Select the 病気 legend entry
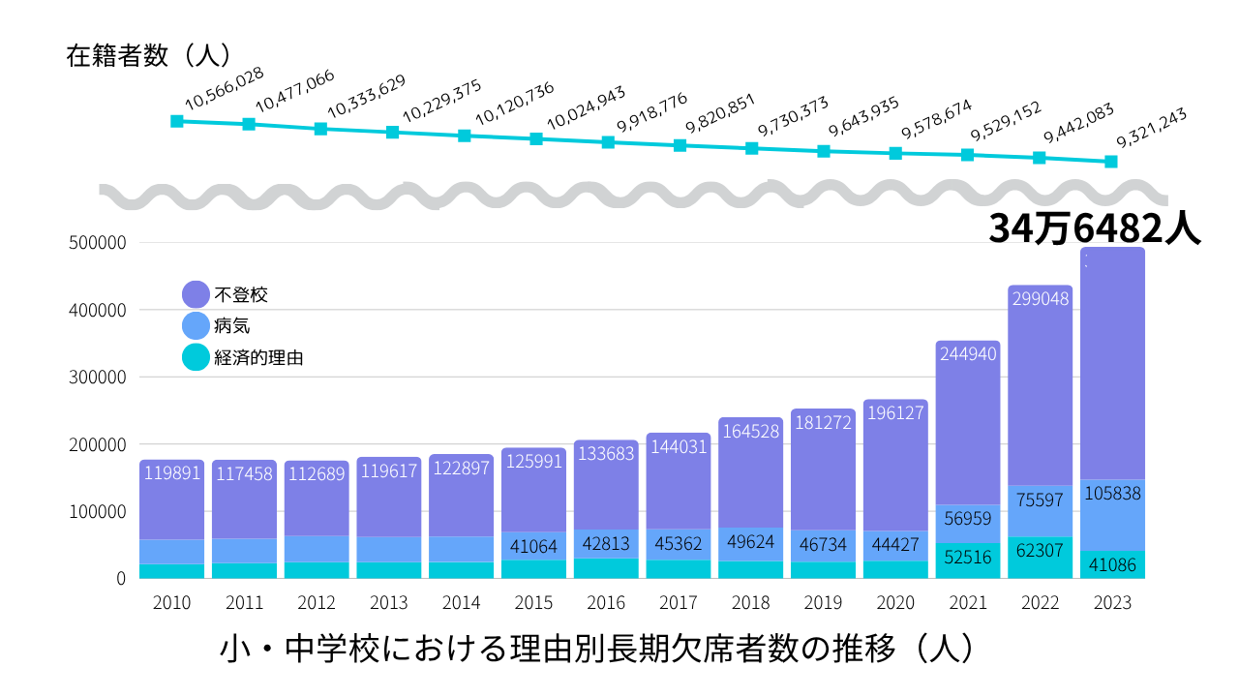pos(231,326)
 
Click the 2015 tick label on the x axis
pos(533,603)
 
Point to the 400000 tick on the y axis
pos(98,311)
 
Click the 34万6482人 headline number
pos(1094,228)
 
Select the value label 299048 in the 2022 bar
pos(1041,299)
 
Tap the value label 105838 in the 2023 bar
pos(1111,494)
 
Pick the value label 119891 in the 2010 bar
pos(172,474)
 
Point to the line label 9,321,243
pos(1152,128)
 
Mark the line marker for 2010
pos(177,121)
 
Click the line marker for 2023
pos(1111,162)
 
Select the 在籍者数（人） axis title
pos(148,55)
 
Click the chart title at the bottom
pos(596,649)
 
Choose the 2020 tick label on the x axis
pos(895,603)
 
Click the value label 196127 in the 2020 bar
pos(896,413)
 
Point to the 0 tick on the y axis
pos(121,579)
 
